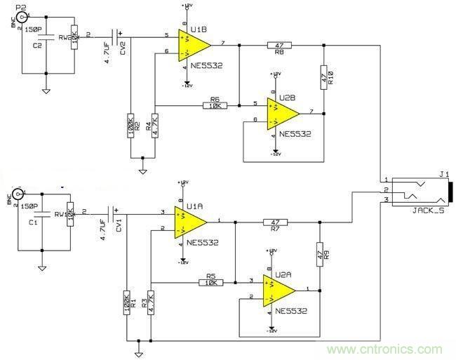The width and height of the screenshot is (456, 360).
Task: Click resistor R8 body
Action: [x=279, y=45]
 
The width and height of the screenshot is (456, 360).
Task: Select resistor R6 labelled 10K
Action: [x=214, y=105]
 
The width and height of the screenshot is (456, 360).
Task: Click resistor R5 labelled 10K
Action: [x=211, y=282]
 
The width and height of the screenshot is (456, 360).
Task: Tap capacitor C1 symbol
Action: [x=43, y=214]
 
